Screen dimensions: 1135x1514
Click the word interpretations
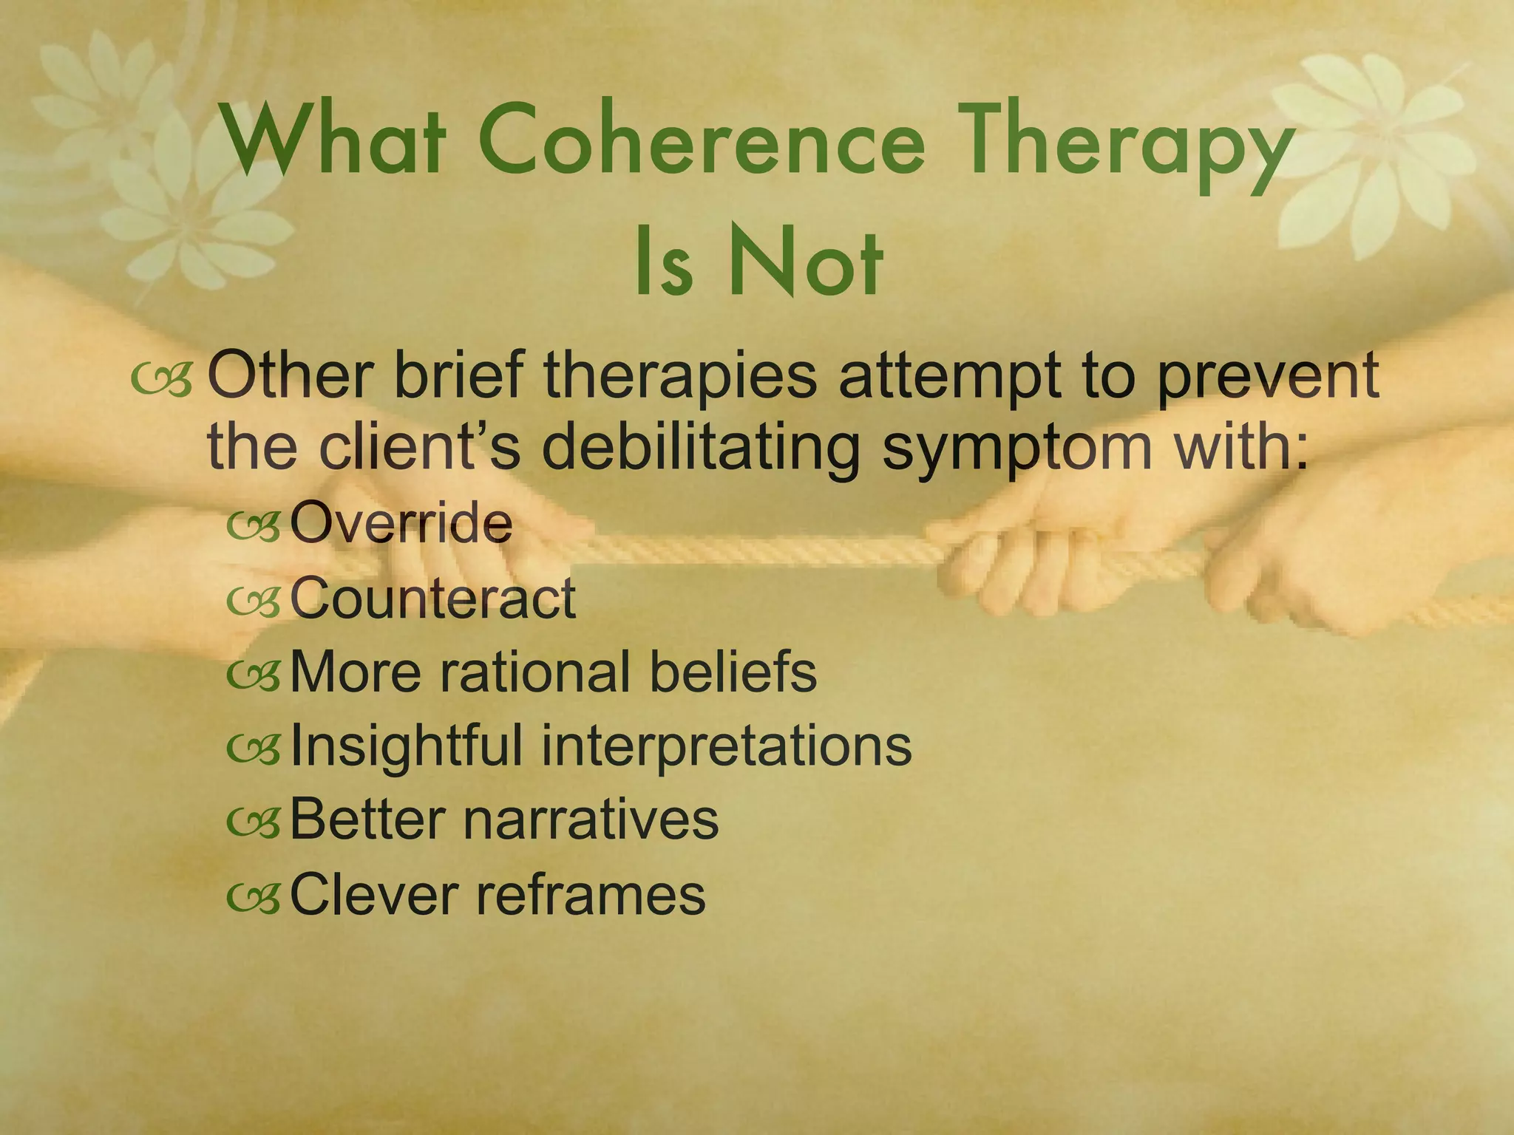(x=727, y=746)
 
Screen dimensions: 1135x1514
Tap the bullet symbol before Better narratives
(x=254, y=822)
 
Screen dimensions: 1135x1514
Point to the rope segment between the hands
(x=754, y=551)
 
